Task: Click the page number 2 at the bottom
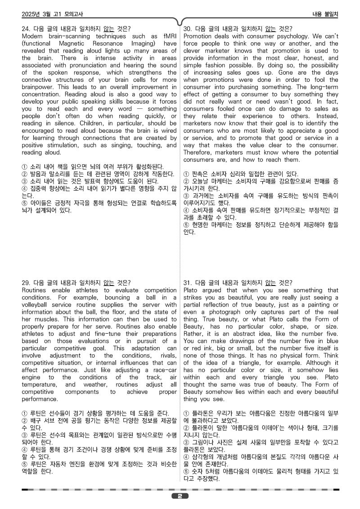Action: point(180,496)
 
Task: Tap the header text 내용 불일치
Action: point(325,14)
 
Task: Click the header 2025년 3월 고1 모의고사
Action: point(52,14)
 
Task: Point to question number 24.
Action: point(26,29)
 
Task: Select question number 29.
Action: point(26,283)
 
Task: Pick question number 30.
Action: point(189,29)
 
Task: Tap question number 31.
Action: point(189,283)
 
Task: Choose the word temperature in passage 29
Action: point(40,384)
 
